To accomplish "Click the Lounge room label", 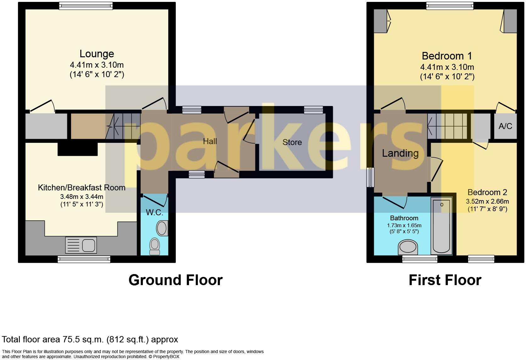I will coord(97,54).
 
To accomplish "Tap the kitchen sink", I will coord(81,245).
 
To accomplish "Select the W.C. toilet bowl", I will coord(154,246).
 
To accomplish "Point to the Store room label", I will coord(292,142).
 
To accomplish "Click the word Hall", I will coord(210,141).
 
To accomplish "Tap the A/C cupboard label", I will coord(505,126).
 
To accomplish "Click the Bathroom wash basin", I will coord(408,247).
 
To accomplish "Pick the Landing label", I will coord(400,153).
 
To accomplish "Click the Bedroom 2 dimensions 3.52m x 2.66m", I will coord(487,201).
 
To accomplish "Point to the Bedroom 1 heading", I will coord(447,56).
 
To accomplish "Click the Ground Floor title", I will coord(176,280).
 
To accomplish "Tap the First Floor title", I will coord(445,280).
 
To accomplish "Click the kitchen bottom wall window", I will coord(84,259).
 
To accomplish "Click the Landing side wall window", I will coord(371,177).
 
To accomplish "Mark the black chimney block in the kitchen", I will coord(78,149).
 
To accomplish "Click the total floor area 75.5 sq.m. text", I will coord(90,340).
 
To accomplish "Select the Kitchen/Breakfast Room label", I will coord(82,188).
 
